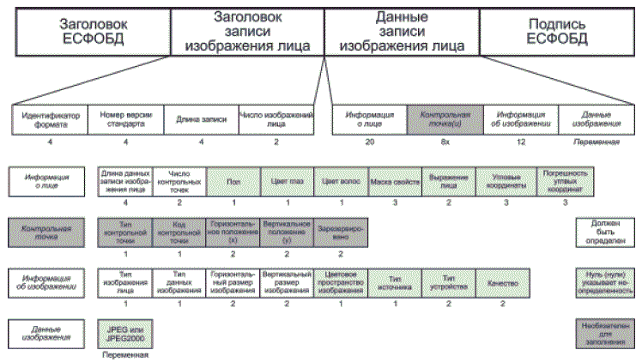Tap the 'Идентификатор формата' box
50,118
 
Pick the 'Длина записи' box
200,118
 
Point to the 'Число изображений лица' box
276,118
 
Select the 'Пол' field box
233,183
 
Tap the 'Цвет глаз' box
288,183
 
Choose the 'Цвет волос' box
341,183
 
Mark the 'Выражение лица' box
447,183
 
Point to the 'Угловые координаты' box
507,183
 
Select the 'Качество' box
501,283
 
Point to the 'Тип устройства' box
447,283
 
